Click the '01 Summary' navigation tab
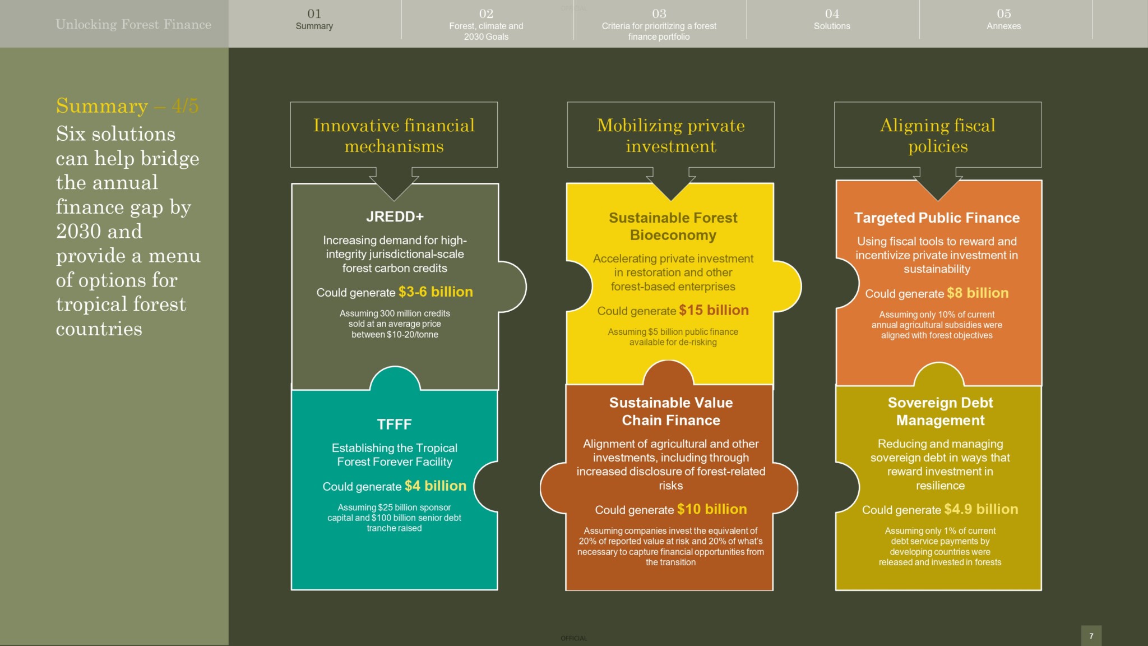(x=314, y=19)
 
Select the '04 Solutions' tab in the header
(x=832, y=19)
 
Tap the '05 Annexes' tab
(x=1004, y=19)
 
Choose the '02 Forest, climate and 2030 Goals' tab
(x=486, y=25)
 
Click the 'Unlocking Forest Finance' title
(x=133, y=24)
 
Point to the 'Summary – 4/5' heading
(x=127, y=105)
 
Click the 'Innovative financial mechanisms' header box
(x=394, y=135)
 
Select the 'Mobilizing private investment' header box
(x=671, y=135)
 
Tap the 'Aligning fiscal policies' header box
(x=938, y=135)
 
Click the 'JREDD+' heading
(x=395, y=216)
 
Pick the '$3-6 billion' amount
(x=436, y=292)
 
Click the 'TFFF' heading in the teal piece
(x=394, y=424)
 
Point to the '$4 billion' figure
(x=436, y=486)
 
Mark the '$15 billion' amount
(x=714, y=310)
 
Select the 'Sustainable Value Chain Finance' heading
(x=671, y=411)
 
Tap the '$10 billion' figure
(x=712, y=509)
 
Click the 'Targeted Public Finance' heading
(x=937, y=218)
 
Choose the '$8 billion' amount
(x=978, y=293)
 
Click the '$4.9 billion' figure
(x=981, y=509)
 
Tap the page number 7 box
(x=1091, y=636)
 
